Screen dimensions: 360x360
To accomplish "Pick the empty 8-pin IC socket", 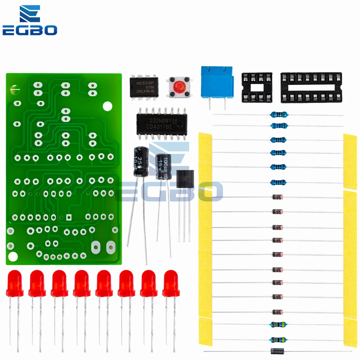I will pos(257,86).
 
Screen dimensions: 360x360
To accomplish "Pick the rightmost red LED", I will pos(171,283).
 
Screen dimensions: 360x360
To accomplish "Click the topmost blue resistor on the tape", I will pos(279,115).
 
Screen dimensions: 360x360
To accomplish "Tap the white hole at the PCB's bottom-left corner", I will pos(13,257).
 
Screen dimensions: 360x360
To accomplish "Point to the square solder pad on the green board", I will pos(69,217).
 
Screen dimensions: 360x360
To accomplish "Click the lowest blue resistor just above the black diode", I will pos(278,339).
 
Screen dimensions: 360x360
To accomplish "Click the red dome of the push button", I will pos(179,87).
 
